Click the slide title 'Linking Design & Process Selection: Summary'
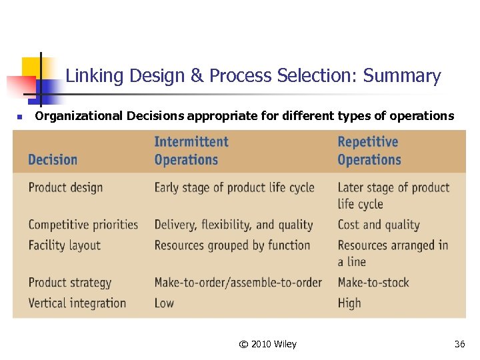[253, 76]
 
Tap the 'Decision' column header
[53, 160]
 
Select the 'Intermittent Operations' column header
[191, 151]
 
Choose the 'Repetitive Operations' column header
[369, 151]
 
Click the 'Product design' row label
[65, 187]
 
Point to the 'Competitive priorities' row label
[83, 225]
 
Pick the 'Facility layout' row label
[64, 245]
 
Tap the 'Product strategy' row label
[69, 283]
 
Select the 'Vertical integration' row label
[77, 303]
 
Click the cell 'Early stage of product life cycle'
[234, 187]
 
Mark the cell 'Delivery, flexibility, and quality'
[233, 225]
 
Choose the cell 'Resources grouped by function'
[232, 245]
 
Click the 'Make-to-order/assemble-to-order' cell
[238, 283]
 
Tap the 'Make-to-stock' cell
[373, 283]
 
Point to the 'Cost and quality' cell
[378, 225]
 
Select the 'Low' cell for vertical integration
[164, 303]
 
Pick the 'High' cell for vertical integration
[349, 303]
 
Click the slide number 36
[459, 344]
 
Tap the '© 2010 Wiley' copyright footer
[267, 344]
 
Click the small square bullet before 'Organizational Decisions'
[20, 117]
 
